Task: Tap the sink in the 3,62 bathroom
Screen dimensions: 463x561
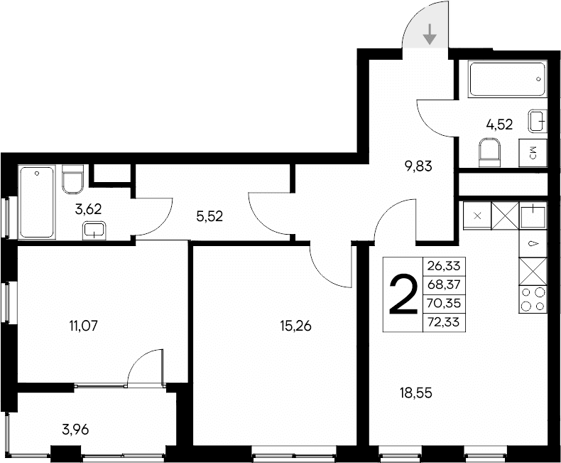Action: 94,229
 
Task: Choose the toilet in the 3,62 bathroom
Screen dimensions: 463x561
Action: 73,179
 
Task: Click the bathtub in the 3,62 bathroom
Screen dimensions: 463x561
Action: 37,203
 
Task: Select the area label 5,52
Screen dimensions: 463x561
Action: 209,217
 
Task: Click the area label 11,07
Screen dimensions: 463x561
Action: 83,326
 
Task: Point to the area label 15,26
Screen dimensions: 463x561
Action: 296,326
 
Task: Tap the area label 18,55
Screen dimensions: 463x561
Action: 415,391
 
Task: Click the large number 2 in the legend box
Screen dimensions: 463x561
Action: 402,295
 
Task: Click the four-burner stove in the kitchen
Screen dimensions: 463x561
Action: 533,299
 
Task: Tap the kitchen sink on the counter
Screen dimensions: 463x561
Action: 533,215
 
